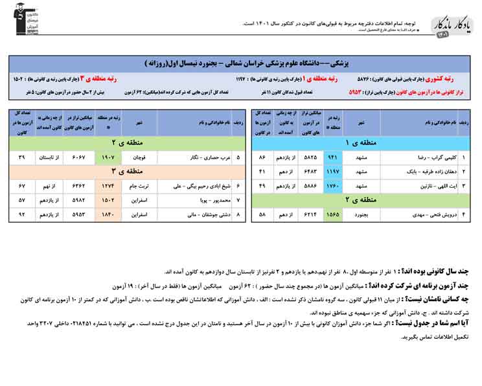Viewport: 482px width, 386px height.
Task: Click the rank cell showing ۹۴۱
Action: pos(333,157)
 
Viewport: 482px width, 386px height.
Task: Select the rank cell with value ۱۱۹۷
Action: pos(333,171)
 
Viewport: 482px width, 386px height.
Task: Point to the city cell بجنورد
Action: pos(361,213)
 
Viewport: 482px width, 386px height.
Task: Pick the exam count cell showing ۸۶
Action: pos(262,157)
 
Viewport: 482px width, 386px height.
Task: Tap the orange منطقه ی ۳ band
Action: pos(127,171)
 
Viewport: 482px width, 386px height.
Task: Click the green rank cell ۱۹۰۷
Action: pos(108,157)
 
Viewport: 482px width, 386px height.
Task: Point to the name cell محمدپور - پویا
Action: pos(194,199)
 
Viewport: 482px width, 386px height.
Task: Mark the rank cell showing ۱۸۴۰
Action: pos(108,213)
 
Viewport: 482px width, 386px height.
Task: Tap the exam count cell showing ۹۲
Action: pos(22,213)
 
